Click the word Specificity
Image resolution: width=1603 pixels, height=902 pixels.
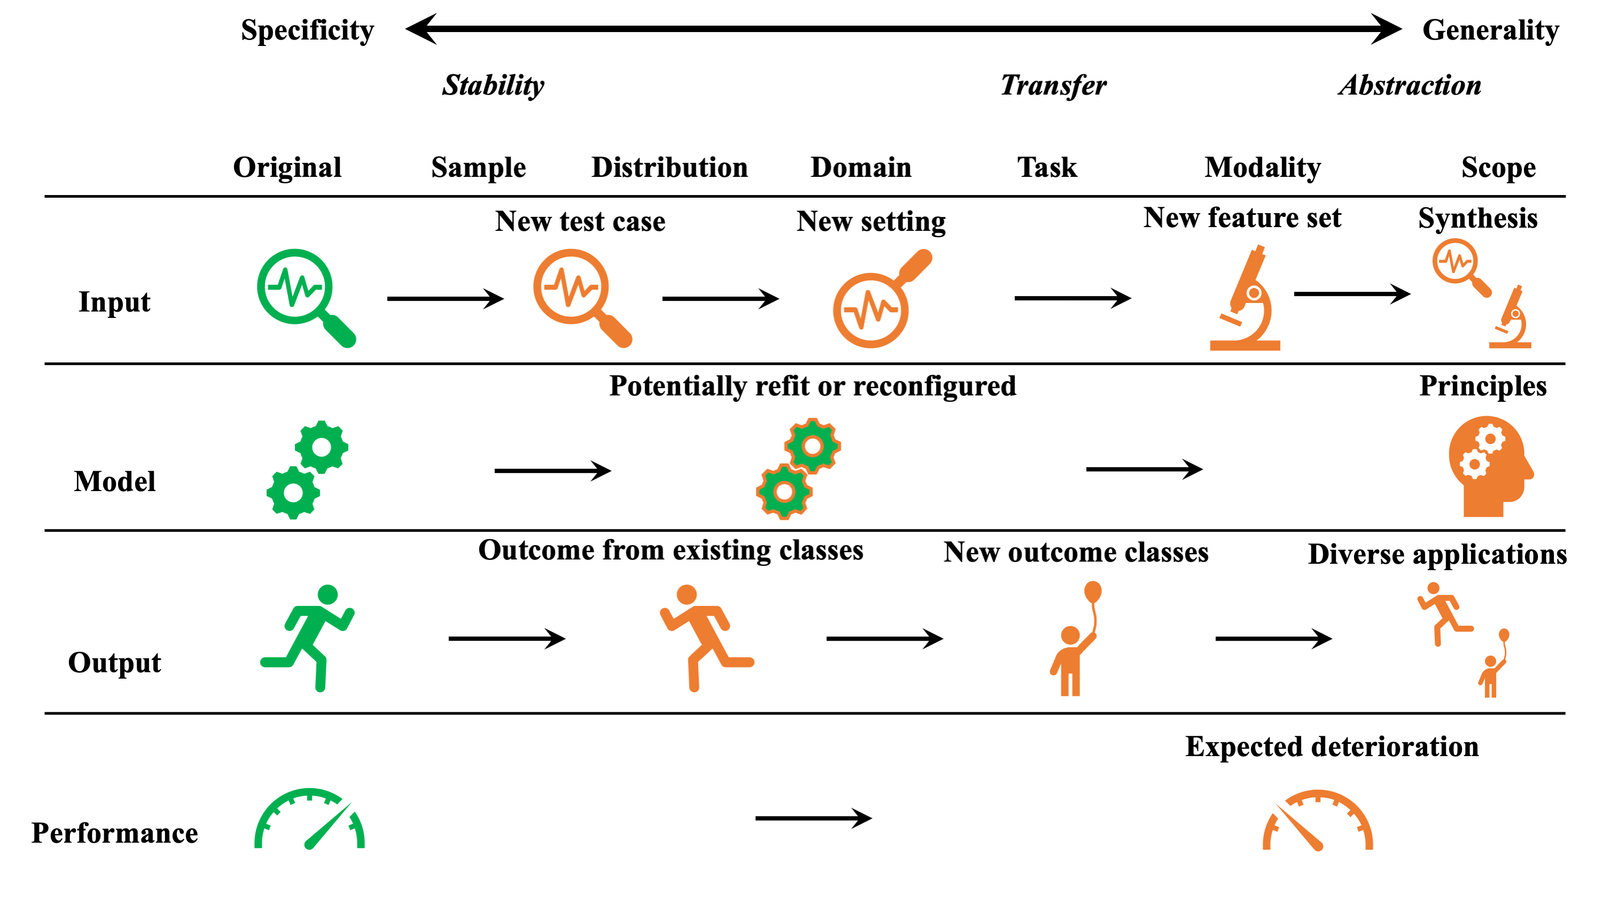[308, 30]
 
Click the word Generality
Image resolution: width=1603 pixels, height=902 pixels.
[1490, 30]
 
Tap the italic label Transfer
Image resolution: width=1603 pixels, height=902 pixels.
[1053, 85]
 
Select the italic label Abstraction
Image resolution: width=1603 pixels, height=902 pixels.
[1410, 85]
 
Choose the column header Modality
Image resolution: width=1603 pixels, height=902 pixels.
[1263, 167]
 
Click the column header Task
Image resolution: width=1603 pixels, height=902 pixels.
[1047, 167]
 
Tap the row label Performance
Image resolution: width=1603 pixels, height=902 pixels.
[114, 833]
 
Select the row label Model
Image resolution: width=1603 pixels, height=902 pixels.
[114, 481]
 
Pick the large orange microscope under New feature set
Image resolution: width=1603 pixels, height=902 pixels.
[1245, 299]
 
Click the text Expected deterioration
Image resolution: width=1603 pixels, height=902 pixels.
[1332, 747]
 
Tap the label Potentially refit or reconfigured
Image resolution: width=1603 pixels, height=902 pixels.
[812, 386]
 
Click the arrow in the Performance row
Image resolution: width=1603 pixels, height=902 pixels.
[814, 818]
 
